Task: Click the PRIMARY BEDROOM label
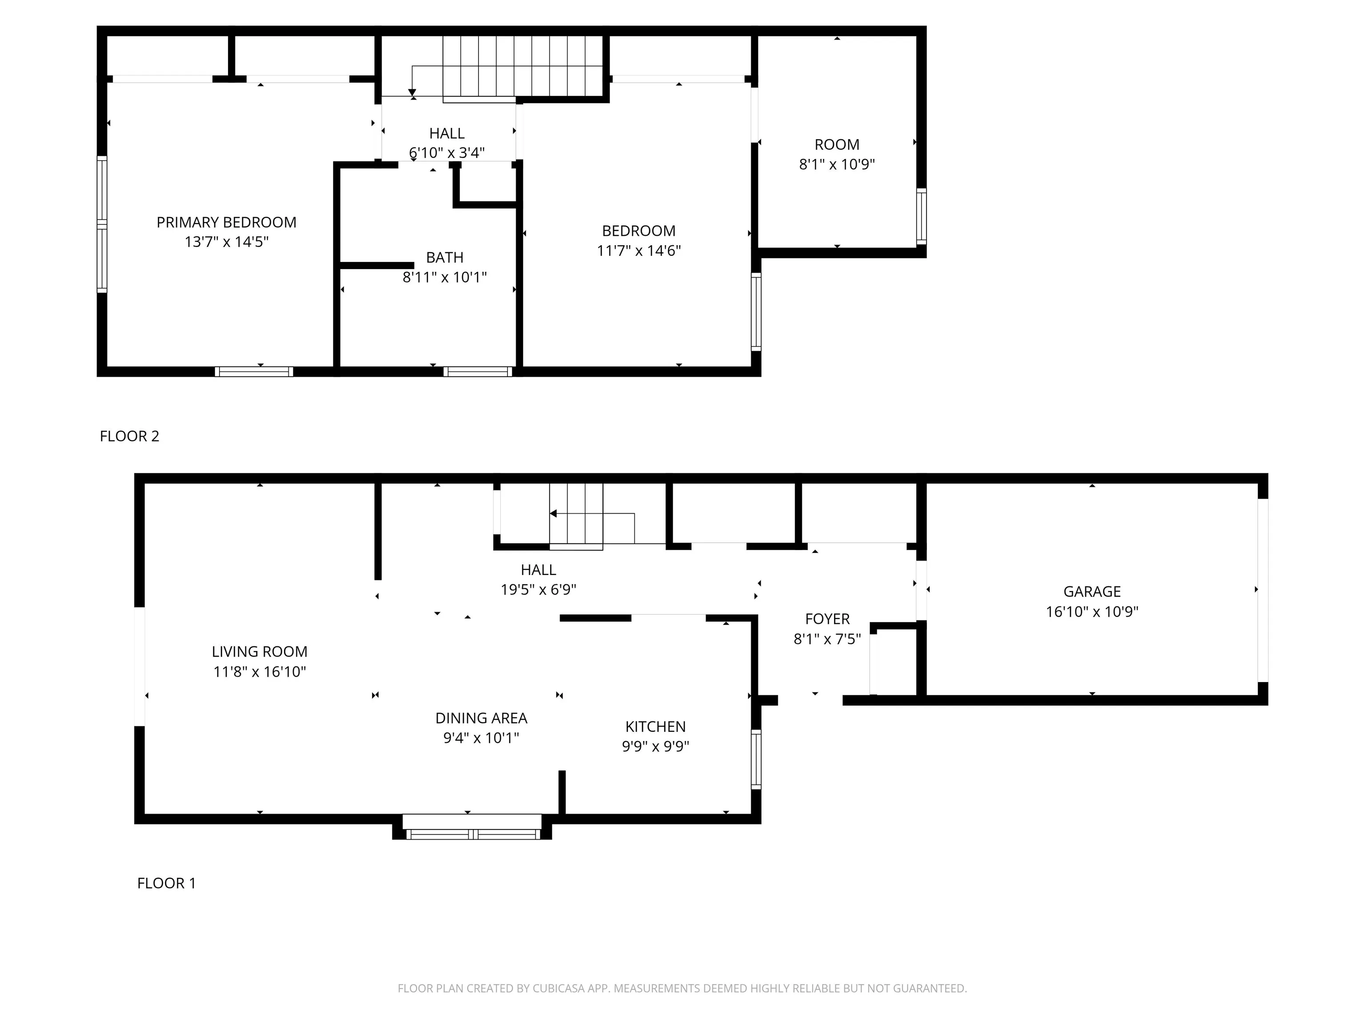coord(227,222)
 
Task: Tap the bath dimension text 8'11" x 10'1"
coord(444,277)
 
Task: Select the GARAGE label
coord(1092,591)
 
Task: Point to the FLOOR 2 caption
coord(130,436)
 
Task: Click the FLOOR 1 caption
coord(167,883)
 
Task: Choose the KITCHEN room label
coord(655,726)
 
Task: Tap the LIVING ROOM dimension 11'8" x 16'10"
coord(260,671)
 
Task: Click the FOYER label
coord(827,619)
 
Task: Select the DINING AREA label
coord(481,718)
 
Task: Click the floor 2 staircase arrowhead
coord(412,92)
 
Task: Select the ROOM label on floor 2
coord(837,144)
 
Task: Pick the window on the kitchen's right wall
coord(756,759)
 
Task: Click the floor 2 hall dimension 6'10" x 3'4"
coord(447,152)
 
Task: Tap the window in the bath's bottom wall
coord(478,371)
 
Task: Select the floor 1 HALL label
coord(538,570)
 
